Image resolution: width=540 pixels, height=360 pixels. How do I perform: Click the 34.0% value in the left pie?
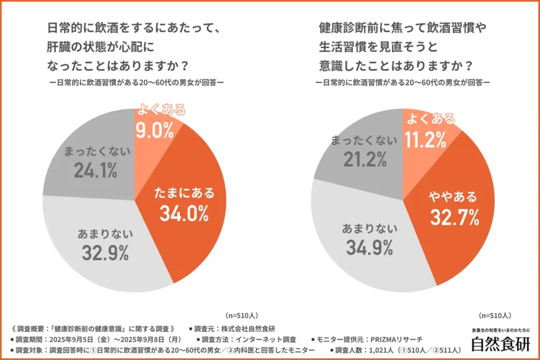[x=185, y=213]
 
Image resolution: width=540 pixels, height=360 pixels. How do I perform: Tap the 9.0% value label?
[x=154, y=130]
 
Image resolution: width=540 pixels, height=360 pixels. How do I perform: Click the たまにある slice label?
[x=185, y=193]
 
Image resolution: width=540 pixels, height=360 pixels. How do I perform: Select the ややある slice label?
[x=452, y=197]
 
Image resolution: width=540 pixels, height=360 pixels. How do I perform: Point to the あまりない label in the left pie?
[x=105, y=233]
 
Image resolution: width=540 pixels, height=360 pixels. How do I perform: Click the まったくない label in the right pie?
[x=363, y=140]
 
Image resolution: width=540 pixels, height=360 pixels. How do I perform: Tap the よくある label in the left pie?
[x=161, y=110]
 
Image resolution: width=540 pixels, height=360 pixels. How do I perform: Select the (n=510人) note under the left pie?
[x=242, y=316]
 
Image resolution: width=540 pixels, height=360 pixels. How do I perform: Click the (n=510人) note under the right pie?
[x=495, y=316]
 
